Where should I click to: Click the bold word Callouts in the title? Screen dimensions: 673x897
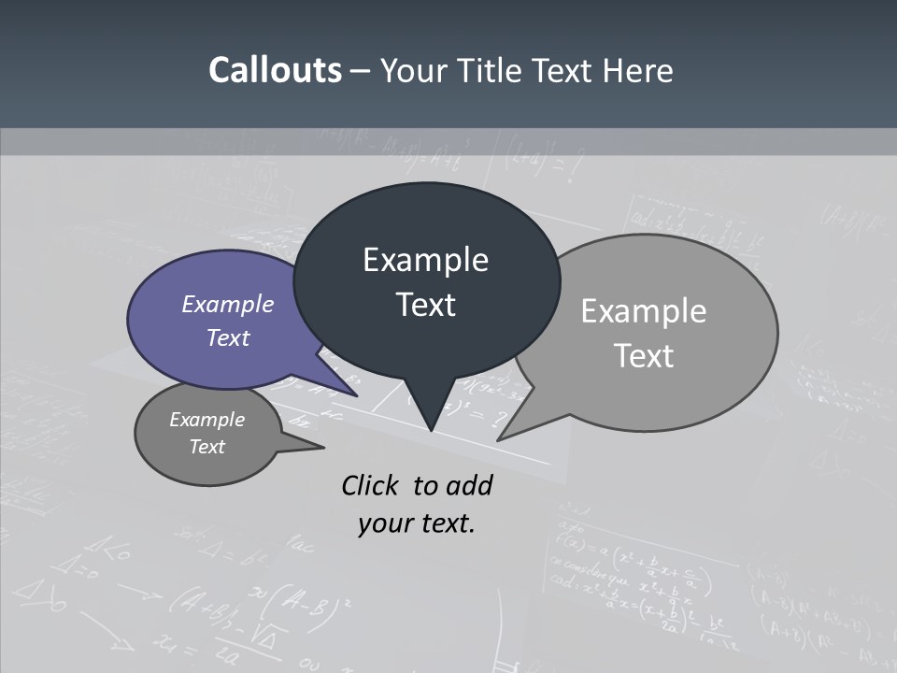click(x=275, y=70)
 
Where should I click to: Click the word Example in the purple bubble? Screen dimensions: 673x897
click(x=228, y=304)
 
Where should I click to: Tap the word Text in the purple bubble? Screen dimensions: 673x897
click(x=228, y=337)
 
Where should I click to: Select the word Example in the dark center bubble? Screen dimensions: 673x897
click(x=425, y=260)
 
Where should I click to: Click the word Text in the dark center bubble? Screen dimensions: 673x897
click(x=425, y=305)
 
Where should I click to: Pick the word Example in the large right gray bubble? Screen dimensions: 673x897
click(x=644, y=311)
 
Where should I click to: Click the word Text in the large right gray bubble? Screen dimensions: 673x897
click(x=644, y=356)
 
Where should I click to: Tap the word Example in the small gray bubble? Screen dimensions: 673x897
click(x=206, y=420)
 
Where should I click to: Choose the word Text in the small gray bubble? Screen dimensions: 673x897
click(x=206, y=447)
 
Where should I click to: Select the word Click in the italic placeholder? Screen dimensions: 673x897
click(x=370, y=485)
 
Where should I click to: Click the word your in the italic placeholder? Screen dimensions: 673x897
click(x=382, y=524)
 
